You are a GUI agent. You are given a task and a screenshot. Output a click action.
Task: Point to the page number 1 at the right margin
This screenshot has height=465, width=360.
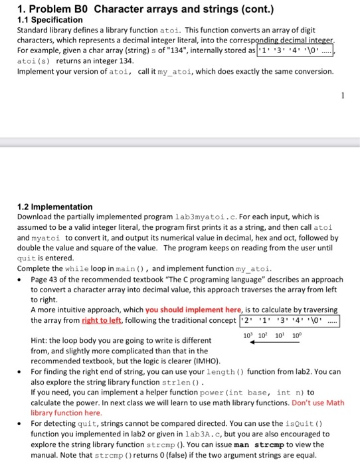342,96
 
